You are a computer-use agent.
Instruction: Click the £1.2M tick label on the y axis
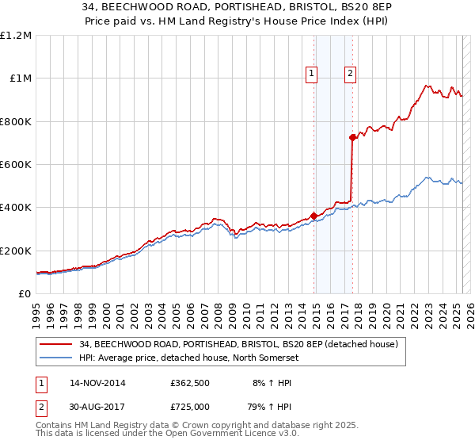tap(17, 36)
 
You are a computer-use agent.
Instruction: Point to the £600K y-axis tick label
tap(16, 165)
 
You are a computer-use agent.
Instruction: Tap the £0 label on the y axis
tap(25, 294)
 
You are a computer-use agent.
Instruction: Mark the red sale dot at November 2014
tap(314, 216)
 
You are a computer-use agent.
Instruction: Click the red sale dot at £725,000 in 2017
tap(353, 137)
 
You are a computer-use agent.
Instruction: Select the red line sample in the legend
tap(56, 344)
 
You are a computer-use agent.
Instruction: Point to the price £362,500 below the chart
tap(189, 383)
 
